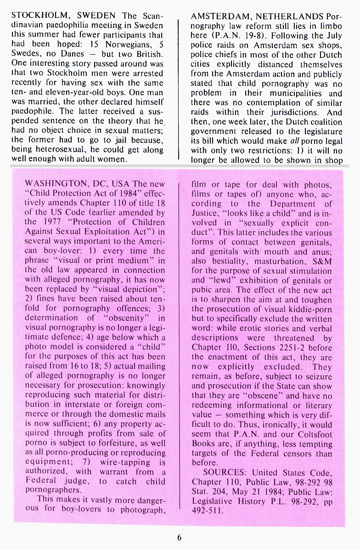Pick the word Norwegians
[127, 44]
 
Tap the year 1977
[59, 222]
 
